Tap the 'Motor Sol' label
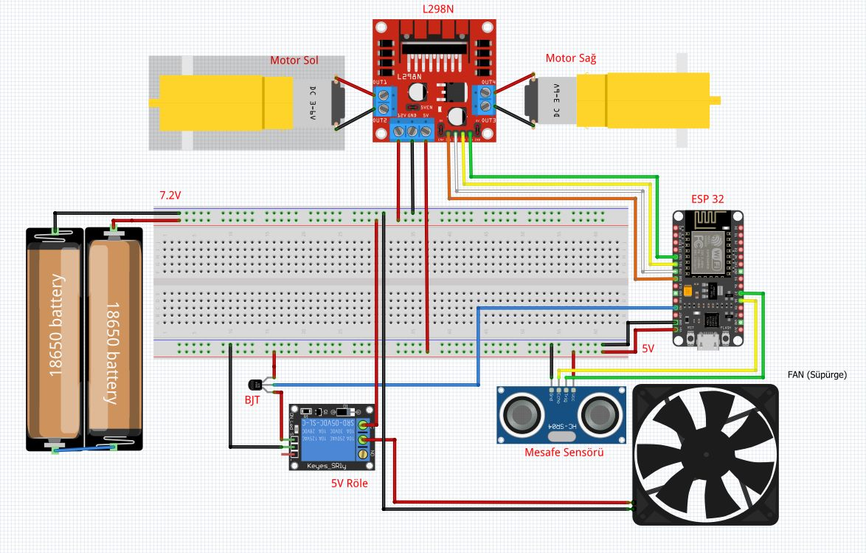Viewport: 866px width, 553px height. coord(294,61)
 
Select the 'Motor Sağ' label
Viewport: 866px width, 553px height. coord(570,58)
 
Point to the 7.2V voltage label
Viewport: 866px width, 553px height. coord(170,196)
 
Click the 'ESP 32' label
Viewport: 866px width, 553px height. coord(707,199)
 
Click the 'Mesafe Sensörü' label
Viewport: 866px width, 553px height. coord(563,452)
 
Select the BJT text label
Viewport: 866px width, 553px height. coord(252,399)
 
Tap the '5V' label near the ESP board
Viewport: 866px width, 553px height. coord(648,347)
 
